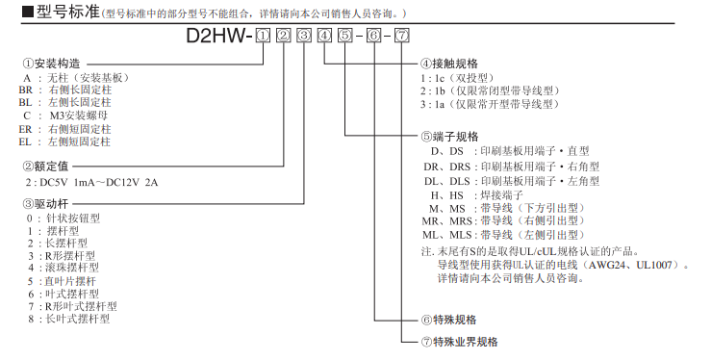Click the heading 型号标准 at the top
(x=57, y=13)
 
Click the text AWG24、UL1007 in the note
(x=639, y=263)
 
